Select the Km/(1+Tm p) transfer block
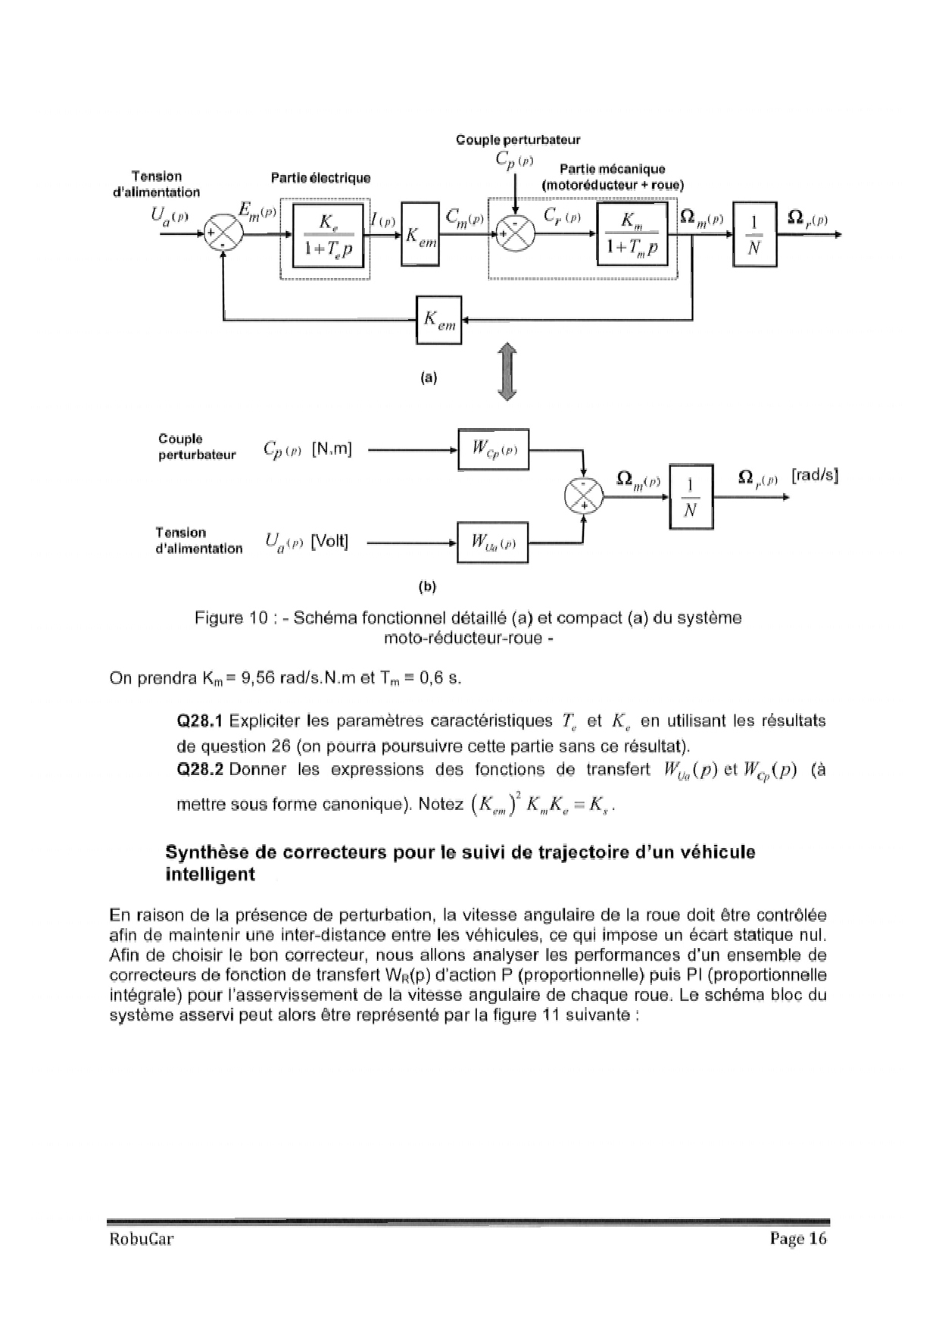tap(632, 235)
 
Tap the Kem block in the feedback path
tap(439, 320)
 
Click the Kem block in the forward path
tap(420, 234)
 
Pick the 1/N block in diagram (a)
tap(754, 235)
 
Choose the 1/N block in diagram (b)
tap(691, 497)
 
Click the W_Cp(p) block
tap(493, 449)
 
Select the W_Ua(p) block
tap(492, 543)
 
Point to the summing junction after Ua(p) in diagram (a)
tap(224, 234)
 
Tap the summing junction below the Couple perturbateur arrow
tap(515, 234)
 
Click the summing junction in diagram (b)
tap(583, 497)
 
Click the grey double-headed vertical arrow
tap(507, 371)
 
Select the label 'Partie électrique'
tap(321, 178)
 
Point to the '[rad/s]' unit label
tap(814, 476)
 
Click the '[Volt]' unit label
tap(329, 542)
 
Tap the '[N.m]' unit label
tap(332, 449)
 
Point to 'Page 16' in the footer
tap(798, 1239)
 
